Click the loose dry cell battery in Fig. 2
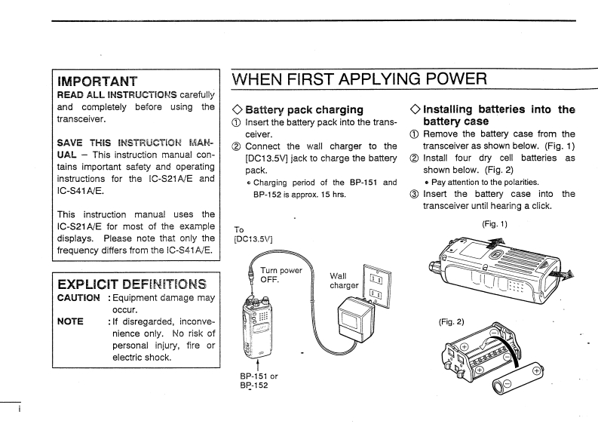coord(517,379)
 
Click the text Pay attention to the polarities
coord(477,182)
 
